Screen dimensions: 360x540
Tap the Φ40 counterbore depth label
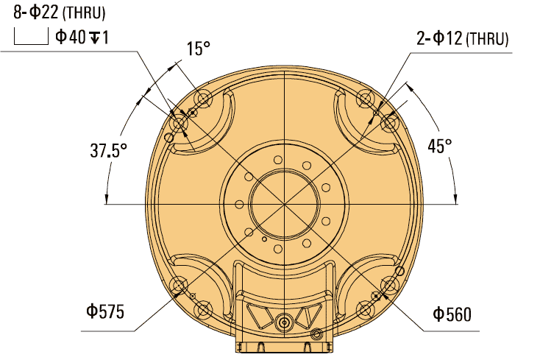(x=82, y=37)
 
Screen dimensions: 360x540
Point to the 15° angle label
(x=198, y=49)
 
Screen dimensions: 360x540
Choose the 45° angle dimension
(x=440, y=146)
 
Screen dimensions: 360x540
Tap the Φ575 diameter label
(x=102, y=311)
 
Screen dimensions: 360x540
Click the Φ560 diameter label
(x=452, y=315)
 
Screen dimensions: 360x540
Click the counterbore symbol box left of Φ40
(x=30, y=37)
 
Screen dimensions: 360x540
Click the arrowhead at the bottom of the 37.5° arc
(x=107, y=197)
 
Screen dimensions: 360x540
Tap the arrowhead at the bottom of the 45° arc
(x=456, y=197)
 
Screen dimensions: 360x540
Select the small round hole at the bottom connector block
(x=317, y=335)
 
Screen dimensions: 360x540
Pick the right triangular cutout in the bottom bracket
(x=305, y=319)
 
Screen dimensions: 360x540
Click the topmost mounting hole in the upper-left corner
(x=204, y=98)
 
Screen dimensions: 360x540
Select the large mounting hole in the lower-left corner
(x=179, y=286)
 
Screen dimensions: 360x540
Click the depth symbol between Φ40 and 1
(x=94, y=37)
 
